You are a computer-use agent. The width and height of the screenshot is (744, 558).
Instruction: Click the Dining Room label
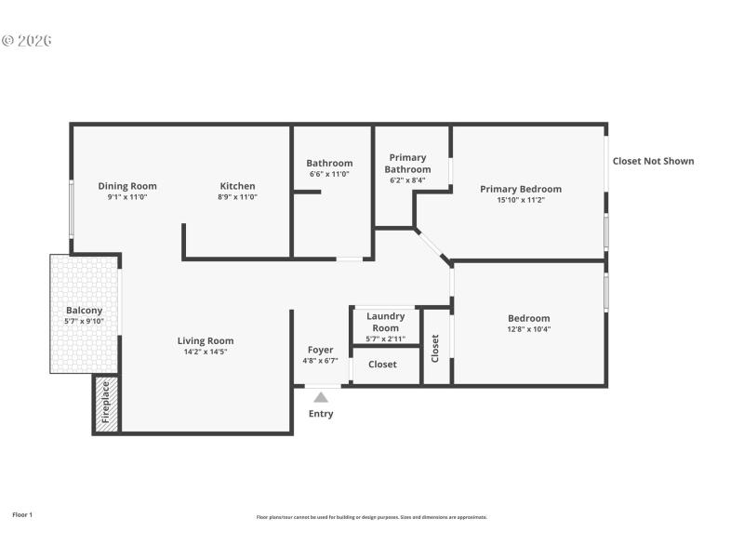[x=127, y=186]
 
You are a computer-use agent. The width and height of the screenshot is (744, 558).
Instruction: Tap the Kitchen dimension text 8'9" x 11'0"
[x=237, y=197]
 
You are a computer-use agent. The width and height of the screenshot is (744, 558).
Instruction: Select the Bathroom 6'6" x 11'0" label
[x=329, y=174]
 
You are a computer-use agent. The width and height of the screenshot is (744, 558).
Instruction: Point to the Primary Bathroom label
[x=407, y=164]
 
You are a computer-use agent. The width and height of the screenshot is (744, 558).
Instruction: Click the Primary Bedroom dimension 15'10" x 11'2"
[x=520, y=200]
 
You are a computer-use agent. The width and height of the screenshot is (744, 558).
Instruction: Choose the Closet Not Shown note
[x=653, y=161]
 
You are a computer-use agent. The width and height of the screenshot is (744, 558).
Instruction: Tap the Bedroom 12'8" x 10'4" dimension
[x=528, y=329]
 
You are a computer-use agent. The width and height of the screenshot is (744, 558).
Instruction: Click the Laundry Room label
[x=385, y=322]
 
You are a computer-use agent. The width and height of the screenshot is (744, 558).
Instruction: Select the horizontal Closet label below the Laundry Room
[x=382, y=365]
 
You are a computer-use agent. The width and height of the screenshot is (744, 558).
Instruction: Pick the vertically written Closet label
[x=434, y=348]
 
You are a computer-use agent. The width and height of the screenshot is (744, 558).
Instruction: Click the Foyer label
[x=320, y=350]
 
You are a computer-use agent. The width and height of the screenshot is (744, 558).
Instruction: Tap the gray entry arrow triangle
[x=320, y=397]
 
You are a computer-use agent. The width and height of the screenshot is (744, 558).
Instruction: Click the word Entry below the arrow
[x=320, y=414]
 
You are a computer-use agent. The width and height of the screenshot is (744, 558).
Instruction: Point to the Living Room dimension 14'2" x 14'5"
[x=206, y=352]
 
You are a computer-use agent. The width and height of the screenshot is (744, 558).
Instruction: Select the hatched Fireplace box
[x=106, y=403]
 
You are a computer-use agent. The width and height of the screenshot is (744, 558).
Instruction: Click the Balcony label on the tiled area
[x=84, y=311]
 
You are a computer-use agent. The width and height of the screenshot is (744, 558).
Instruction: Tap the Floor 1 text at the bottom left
[x=22, y=514]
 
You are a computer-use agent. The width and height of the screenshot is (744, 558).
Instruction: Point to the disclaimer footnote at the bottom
[x=371, y=517]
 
